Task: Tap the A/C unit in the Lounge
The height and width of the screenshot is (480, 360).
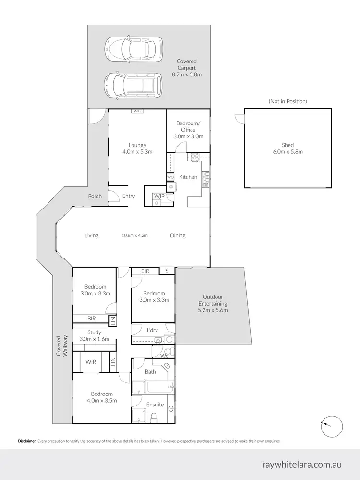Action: point(137,111)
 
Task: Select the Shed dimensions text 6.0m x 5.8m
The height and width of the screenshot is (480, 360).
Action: point(288,151)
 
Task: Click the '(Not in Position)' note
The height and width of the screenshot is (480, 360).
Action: point(288,101)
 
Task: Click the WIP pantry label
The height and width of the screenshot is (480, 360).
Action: point(158,196)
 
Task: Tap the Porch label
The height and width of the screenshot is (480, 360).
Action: point(95,196)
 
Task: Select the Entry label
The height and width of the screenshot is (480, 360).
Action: point(129,196)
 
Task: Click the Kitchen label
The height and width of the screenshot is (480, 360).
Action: point(188,177)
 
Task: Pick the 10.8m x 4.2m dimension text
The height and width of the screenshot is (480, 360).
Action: point(134,235)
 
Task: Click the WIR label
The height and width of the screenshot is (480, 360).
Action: point(91,361)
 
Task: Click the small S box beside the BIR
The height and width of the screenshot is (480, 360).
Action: point(167,271)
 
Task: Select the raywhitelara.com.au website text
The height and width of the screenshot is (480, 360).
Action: point(302,465)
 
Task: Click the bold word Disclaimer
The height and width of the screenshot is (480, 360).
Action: point(27,440)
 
